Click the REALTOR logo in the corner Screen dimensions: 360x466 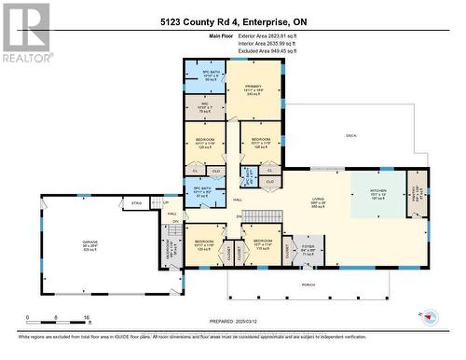(25, 32)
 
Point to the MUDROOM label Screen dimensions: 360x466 (170, 246)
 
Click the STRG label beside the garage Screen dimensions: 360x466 (136, 201)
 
